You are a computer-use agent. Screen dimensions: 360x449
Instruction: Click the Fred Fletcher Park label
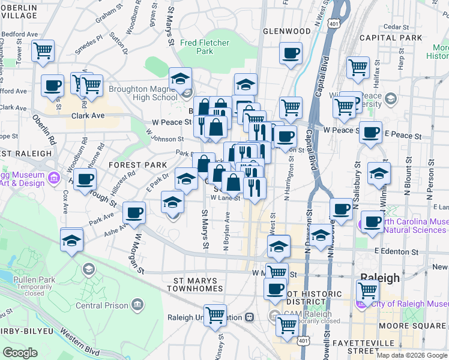205,47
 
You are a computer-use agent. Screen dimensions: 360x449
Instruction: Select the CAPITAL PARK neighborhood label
388,37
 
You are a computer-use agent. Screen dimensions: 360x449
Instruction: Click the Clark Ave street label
88,116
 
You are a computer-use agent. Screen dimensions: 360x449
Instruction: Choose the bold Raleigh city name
379,278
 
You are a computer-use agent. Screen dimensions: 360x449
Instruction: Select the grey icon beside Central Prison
138,304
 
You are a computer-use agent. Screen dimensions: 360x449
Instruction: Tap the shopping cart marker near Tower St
43,52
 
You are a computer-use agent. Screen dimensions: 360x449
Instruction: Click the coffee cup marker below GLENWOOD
291,53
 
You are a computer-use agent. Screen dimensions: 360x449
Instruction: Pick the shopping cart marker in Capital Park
358,67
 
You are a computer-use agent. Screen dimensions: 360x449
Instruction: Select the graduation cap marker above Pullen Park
72,240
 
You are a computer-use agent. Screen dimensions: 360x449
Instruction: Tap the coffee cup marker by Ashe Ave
134,212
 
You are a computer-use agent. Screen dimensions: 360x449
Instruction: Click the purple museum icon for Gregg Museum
54,178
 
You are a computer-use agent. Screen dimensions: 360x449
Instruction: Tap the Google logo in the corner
20,352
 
